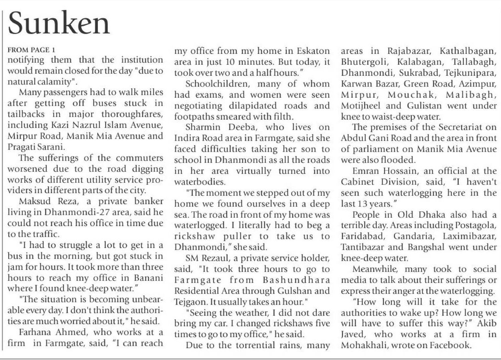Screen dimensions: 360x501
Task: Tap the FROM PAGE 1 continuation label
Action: point(31,50)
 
